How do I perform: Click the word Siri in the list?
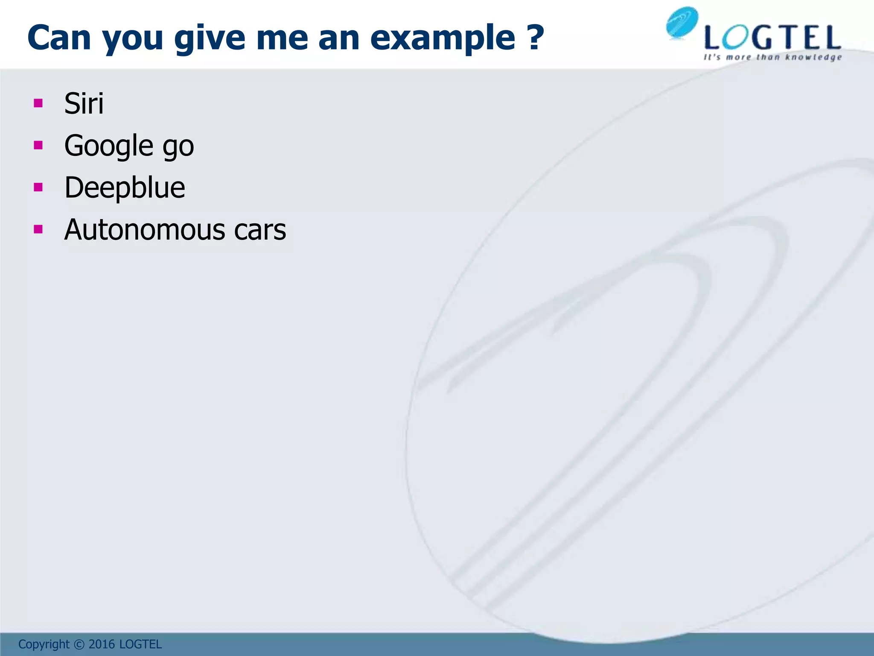84,104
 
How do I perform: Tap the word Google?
108,146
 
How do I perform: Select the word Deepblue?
125,188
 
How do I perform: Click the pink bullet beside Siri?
38,103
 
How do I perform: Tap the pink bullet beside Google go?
38,145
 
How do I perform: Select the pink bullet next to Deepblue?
38,187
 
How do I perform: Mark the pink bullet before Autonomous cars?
38,230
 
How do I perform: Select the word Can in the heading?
59,38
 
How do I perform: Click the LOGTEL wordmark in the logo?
772,38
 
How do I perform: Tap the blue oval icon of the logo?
682,23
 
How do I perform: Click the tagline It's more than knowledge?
772,57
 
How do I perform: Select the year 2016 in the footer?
102,644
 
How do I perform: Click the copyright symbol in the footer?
79,644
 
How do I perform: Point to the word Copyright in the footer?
44,644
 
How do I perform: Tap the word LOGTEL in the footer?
140,644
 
